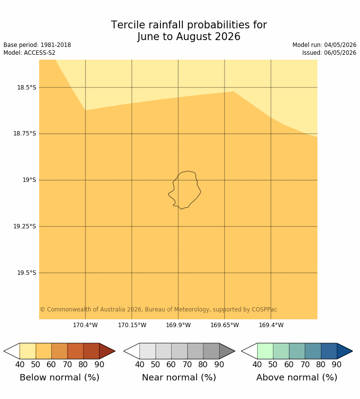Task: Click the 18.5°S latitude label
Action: (x=26, y=88)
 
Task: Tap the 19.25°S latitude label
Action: (x=24, y=226)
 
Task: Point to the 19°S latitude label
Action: (x=29, y=180)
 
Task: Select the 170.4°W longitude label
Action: (x=85, y=325)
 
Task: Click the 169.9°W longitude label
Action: (x=178, y=325)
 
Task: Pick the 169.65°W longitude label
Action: (x=225, y=325)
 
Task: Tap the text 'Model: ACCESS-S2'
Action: (x=29, y=53)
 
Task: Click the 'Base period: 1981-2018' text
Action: (x=37, y=45)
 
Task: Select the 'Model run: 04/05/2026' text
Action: (x=324, y=45)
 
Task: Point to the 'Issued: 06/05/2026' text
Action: (x=329, y=53)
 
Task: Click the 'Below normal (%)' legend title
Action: (x=59, y=377)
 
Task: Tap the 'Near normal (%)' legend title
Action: (x=179, y=377)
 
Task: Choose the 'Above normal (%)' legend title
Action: (x=296, y=377)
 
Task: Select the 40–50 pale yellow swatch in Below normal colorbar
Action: (x=27, y=351)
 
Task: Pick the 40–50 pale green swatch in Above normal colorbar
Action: (x=265, y=351)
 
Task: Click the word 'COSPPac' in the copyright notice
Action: (x=264, y=310)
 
